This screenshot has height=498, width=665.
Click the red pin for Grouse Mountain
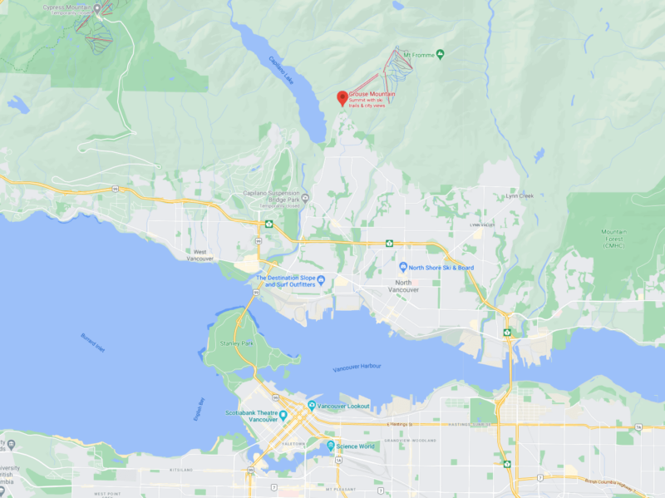tap(342, 97)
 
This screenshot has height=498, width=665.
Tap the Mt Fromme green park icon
tap(441, 55)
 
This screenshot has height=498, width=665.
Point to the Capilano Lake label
tap(281, 71)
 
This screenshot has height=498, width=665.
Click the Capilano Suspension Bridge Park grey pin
tap(305, 198)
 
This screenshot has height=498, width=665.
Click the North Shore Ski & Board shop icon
tap(402, 268)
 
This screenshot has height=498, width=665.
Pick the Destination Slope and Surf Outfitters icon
tap(321, 279)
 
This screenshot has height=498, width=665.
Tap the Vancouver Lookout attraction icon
tap(312, 406)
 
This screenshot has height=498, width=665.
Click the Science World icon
tap(330, 446)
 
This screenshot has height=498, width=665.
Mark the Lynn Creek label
tap(520, 197)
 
